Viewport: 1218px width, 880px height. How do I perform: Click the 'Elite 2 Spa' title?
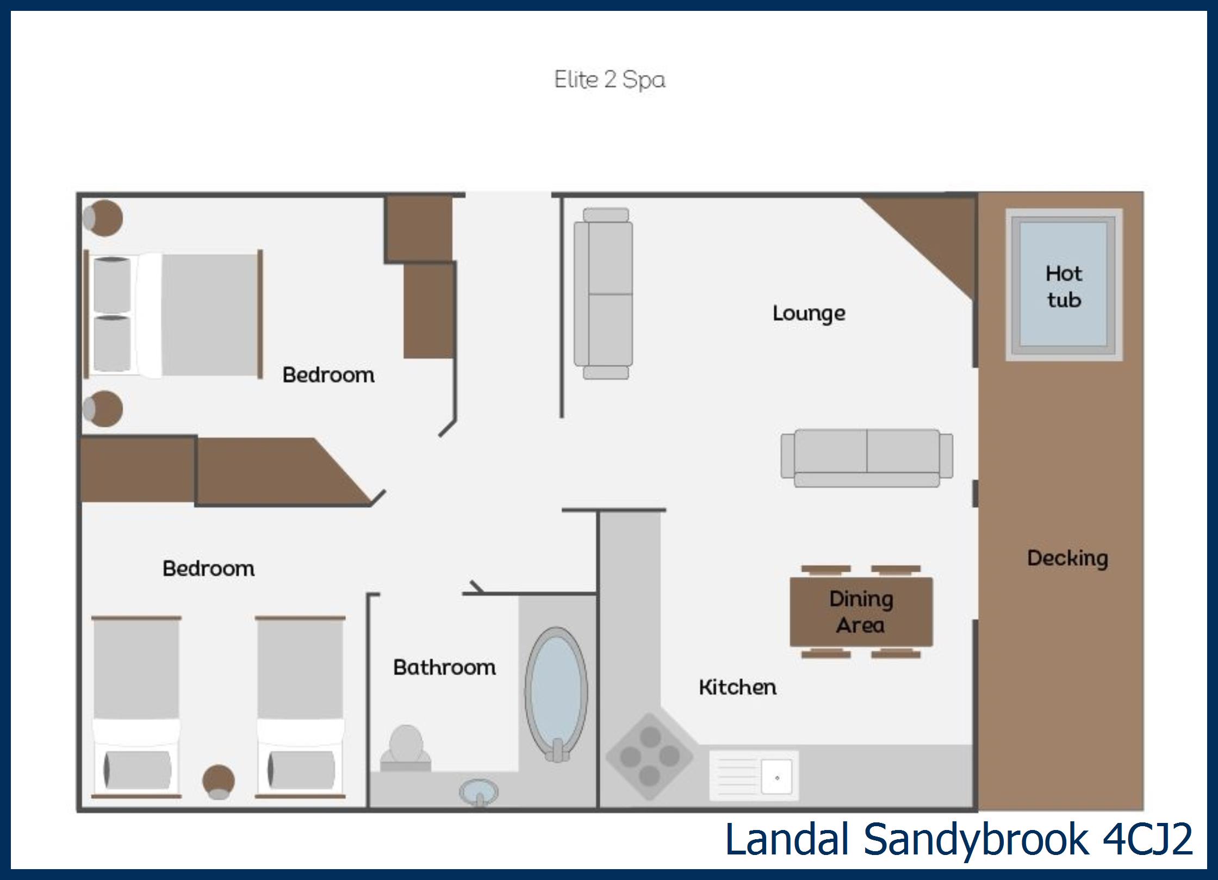tap(610, 80)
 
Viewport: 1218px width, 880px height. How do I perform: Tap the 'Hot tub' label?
tap(1064, 286)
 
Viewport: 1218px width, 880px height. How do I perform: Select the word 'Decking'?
tap(1067, 559)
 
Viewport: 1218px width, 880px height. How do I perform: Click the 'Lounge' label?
tap(809, 314)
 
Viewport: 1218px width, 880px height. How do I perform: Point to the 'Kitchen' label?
tap(737, 687)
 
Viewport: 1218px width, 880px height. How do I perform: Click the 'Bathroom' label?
tap(444, 667)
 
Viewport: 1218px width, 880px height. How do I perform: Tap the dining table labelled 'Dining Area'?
tap(861, 612)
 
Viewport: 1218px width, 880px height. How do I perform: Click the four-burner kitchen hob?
tap(650, 756)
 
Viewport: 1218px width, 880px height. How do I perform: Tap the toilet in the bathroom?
tap(406, 748)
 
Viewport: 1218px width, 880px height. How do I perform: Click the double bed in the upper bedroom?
tap(173, 315)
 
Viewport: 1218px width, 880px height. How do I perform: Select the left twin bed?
tap(136, 707)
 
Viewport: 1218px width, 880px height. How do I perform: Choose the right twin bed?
tap(300, 707)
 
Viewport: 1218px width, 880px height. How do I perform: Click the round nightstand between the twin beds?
tap(219, 782)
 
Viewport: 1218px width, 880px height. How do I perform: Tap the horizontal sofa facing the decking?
tap(867, 458)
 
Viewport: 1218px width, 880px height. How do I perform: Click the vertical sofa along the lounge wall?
tap(604, 294)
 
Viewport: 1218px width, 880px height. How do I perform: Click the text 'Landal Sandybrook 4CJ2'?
tap(959, 839)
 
